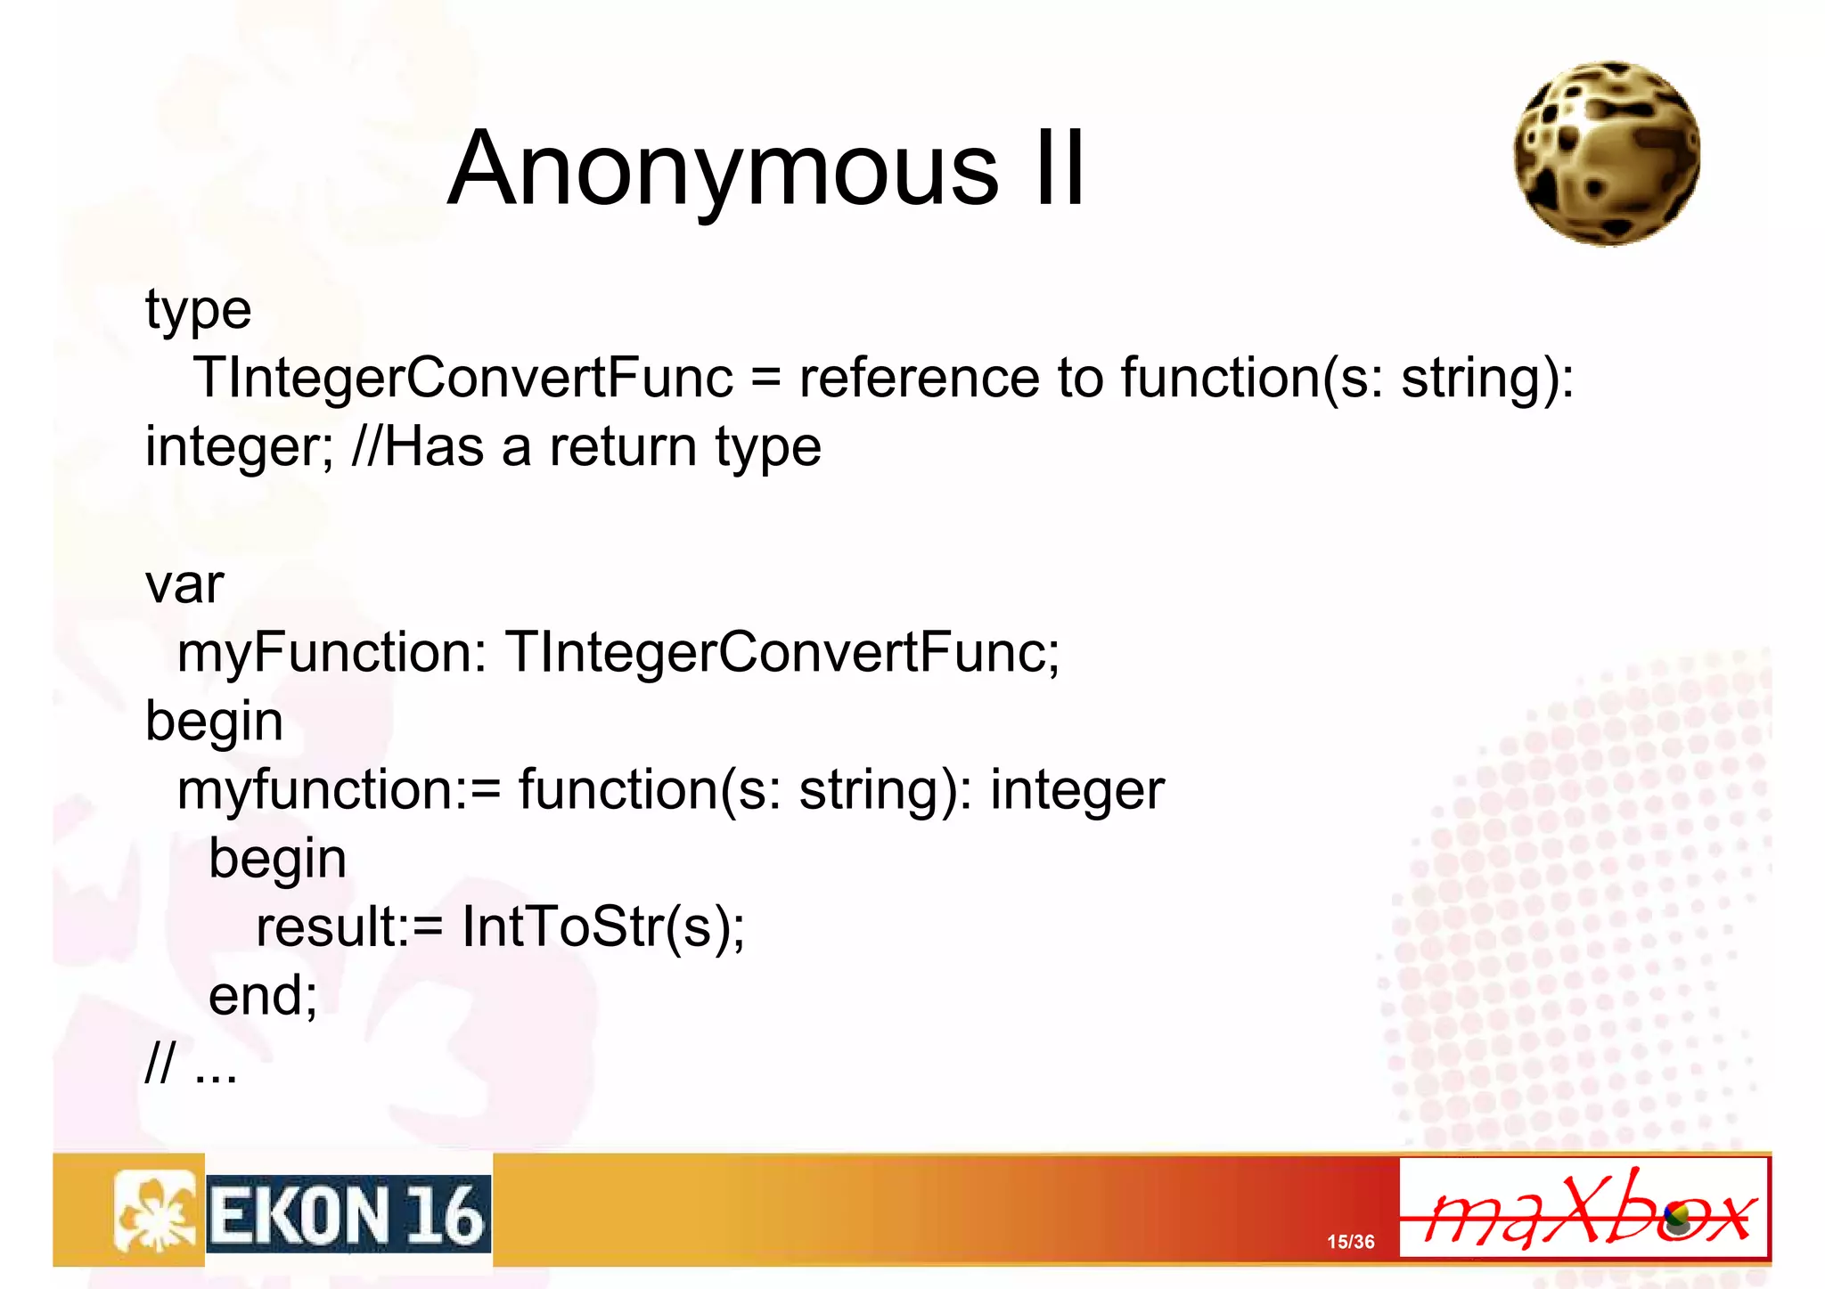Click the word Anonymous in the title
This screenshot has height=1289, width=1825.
[723, 169]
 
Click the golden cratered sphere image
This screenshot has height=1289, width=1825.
[1607, 154]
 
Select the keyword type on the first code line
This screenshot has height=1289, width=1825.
[198, 311]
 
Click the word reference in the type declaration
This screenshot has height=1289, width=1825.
[918, 378]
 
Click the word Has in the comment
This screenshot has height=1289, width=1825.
[434, 446]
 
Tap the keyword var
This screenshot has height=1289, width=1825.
[184, 585]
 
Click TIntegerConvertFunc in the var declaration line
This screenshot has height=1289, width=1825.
[782, 652]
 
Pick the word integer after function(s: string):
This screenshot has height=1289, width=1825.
[1076, 790]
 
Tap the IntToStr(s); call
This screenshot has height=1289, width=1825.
[602, 927]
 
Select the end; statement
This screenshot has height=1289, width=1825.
[263, 995]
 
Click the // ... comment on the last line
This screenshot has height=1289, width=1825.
[191, 1064]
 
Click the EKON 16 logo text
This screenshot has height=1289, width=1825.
[348, 1214]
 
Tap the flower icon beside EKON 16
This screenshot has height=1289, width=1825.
[154, 1212]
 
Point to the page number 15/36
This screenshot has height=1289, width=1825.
[1350, 1242]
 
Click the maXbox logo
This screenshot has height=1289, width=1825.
[1584, 1209]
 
